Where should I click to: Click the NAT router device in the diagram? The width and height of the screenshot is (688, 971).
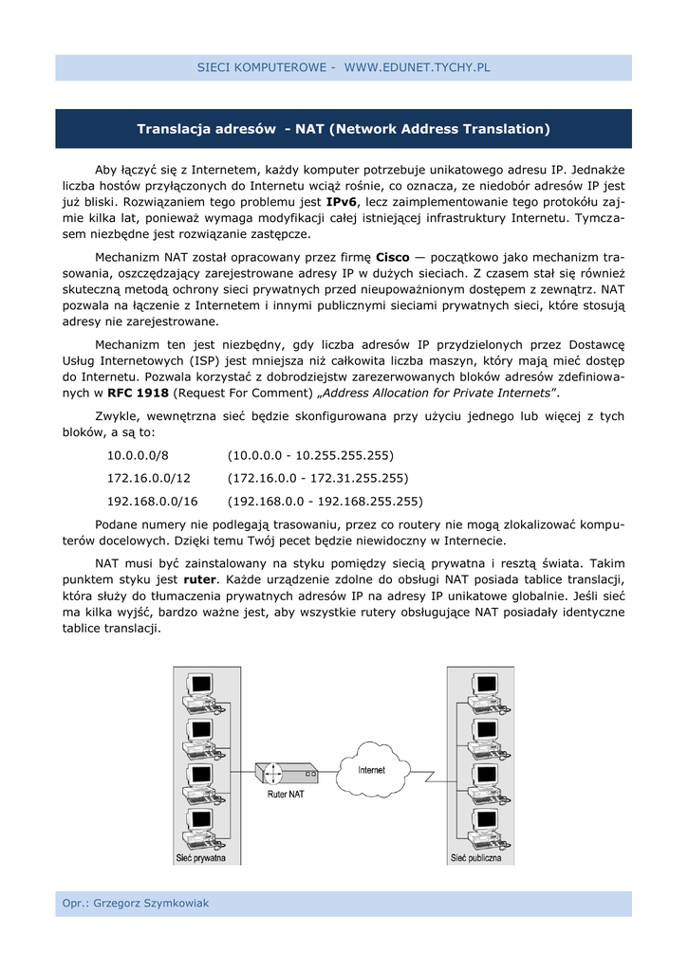[x=285, y=772]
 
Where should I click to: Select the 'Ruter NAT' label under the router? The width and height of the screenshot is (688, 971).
[x=285, y=794]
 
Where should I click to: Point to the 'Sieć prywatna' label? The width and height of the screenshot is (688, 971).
[x=200, y=858]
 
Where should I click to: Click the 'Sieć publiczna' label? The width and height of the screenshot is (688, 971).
[x=475, y=858]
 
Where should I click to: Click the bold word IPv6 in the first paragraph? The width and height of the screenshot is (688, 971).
[x=342, y=202]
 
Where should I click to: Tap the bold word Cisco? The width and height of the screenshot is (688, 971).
[x=393, y=257]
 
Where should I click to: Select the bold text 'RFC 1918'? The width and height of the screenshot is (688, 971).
[x=139, y=393]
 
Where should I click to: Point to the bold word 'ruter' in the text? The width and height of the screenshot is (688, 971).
[x=199, y=578]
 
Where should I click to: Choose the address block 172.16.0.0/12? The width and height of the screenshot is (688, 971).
[x=149, y=478]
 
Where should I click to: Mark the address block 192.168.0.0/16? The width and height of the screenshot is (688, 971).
[x=153, y=501]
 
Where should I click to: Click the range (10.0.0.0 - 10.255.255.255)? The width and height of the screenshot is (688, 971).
[x=310, y=455]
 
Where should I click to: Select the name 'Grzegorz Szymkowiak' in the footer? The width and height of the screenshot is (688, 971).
[x=151, y=904]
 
